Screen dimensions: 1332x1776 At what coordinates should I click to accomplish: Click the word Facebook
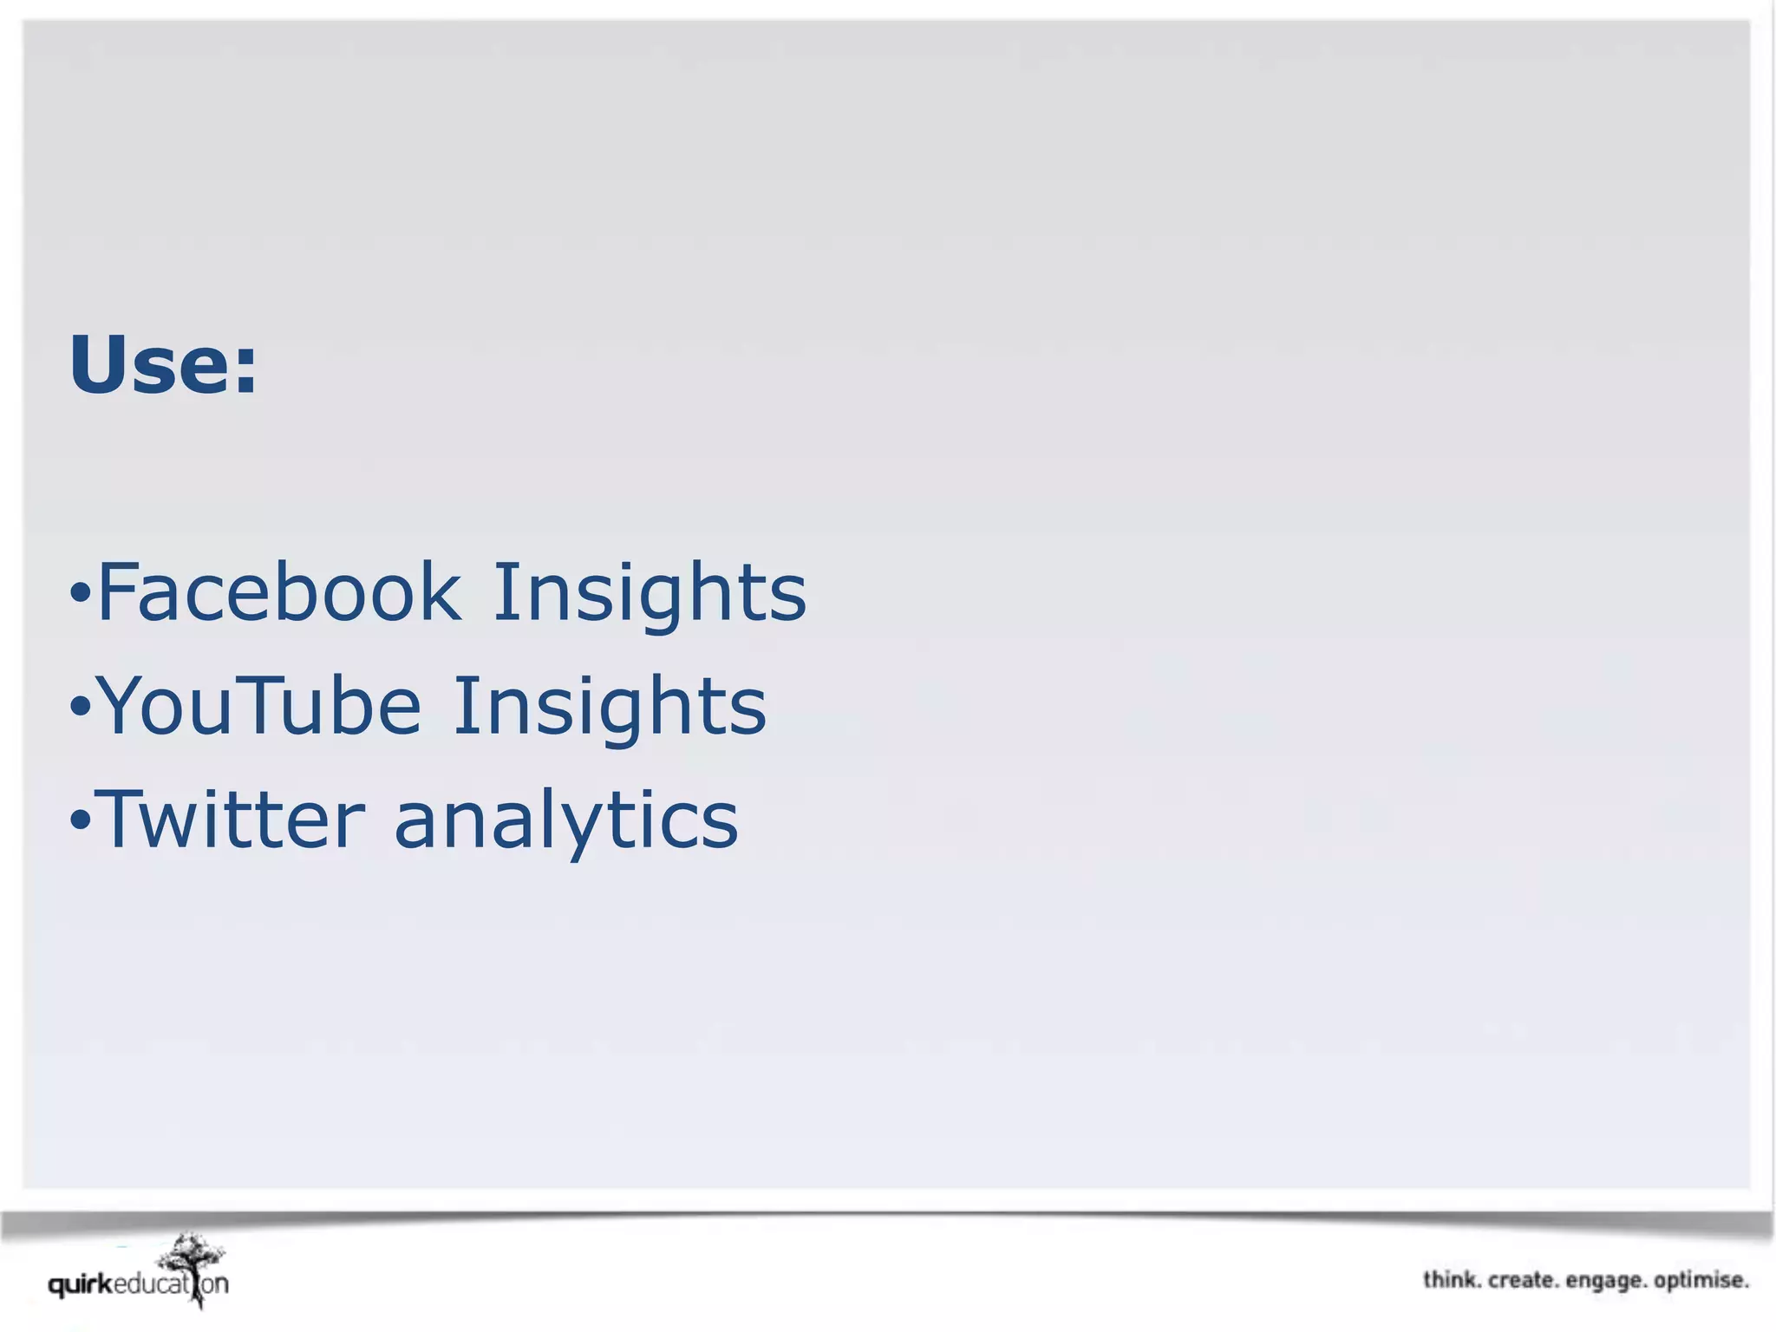tap(278, 592)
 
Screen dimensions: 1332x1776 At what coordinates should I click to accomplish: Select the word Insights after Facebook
tap(650, 594)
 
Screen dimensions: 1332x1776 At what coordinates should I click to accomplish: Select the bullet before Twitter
tap(80, 820)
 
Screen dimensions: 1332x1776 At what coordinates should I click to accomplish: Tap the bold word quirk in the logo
tap(80, 1284)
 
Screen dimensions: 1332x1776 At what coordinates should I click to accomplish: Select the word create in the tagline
tap(1523, 1280)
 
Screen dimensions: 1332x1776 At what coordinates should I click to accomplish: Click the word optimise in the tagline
tap(1701, 1281)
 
